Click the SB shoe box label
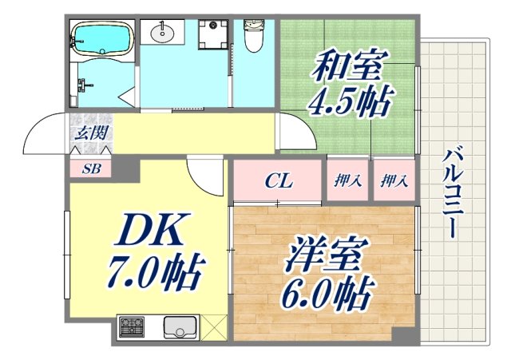pos(92,168)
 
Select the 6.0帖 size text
pos(325,295)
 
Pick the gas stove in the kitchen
pos(132,326)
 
